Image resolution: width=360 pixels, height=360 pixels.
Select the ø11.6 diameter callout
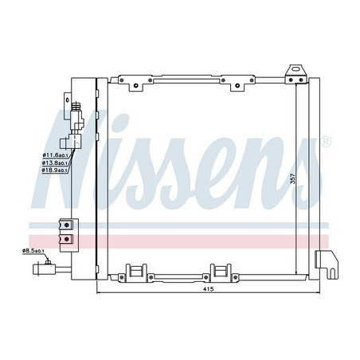54,155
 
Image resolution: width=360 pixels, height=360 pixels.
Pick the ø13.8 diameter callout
54,162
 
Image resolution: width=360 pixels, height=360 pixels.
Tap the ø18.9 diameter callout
54,170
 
